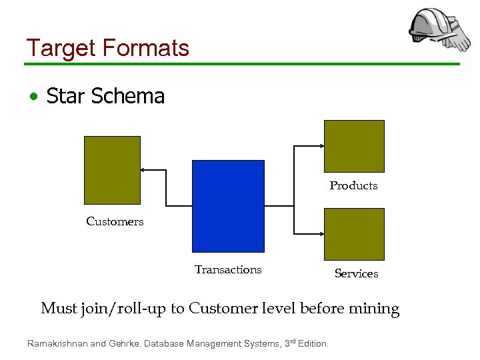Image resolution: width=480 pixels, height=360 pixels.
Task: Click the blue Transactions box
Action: [228, 205]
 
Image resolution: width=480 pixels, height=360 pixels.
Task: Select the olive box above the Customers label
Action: [112, 170]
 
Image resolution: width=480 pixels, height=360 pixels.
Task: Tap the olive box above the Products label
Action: [354, 146]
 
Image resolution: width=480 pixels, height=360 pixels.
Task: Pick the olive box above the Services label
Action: [354, 234]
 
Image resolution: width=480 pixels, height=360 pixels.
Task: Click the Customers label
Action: [115, 221]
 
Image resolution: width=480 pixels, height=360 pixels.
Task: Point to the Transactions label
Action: [228, 269]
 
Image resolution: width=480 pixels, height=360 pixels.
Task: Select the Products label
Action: [353, 185]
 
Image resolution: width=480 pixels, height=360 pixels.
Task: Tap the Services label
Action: [356, 273]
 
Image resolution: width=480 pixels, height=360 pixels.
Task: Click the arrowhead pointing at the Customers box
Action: [143, 170]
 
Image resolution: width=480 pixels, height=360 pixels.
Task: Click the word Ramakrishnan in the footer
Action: [57, 344]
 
